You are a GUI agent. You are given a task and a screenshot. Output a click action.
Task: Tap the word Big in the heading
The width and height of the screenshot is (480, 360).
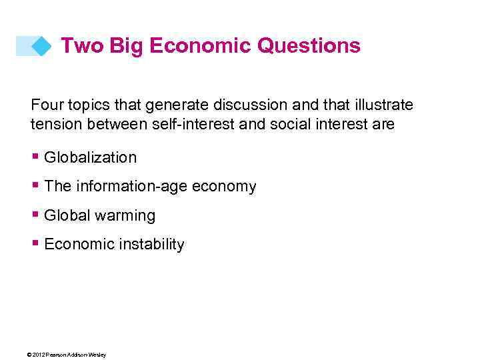pyautogui.click(x=127, y=46)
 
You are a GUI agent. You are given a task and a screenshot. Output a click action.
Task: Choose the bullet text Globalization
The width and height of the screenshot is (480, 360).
pyautogui.click(x=90, y=157)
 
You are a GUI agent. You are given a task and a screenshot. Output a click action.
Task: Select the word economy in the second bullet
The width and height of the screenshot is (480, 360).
pyautogui.click(x=224, y=187)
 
